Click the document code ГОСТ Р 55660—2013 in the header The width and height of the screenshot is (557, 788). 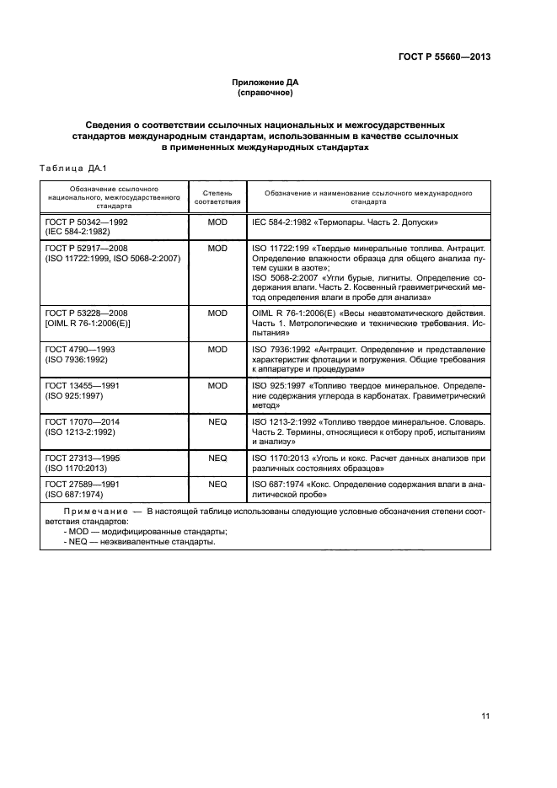point(444,57)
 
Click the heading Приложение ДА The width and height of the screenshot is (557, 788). point(265,83)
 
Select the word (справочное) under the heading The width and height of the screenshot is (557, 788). point(265,93)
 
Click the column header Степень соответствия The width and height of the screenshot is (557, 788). point(217,197)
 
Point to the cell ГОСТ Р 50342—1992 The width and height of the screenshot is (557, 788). point(87,221)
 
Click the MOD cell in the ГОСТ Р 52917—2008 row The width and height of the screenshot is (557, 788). point(217,249)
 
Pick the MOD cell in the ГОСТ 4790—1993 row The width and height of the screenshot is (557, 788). point(217,349)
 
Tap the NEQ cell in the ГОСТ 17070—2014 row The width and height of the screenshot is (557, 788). point(217,421)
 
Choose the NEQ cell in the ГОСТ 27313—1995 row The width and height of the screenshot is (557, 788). point(217,458)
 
